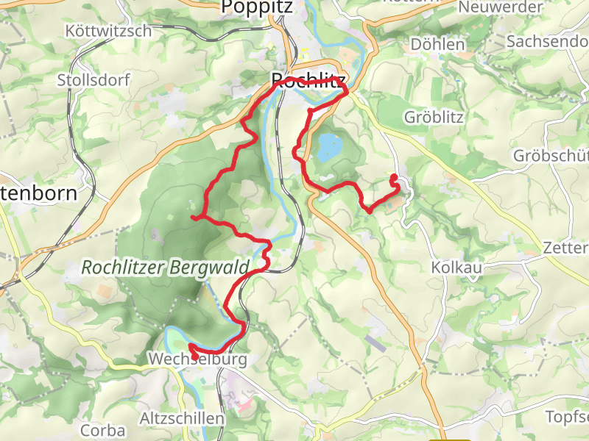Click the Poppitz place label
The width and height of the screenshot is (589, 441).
coord(257,7)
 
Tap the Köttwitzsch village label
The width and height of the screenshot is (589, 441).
coord(108,32)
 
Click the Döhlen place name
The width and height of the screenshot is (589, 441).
coord(437,44)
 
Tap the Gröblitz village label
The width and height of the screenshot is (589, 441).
coord(434,117)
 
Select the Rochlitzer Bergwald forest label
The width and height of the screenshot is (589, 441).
coord(166,268)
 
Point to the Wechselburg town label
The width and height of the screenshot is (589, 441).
coord(197,359)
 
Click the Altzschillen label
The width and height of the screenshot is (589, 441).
coord(183,418)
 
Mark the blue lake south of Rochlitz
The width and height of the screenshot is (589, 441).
coord(329,148)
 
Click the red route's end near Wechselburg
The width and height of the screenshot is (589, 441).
coord(191,345)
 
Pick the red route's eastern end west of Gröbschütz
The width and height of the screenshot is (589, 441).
coord(392,176)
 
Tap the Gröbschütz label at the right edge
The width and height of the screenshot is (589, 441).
coord(552,157)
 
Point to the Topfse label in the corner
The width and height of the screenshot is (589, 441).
coord(567,417)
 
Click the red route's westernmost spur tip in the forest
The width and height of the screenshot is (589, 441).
coord(193,218)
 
